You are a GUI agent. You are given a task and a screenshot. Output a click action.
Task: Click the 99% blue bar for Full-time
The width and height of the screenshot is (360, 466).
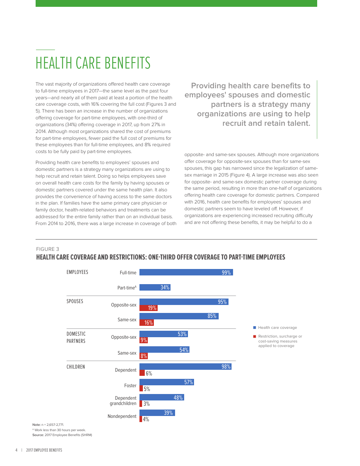tap(186, 272)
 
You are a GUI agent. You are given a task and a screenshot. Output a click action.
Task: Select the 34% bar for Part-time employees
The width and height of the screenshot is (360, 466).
tap(155, 287)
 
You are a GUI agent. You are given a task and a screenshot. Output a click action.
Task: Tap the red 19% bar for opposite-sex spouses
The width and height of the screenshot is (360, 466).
tap(148, 308)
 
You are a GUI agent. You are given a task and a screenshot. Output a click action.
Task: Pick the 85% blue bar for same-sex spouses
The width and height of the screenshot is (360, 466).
tap(179, 316)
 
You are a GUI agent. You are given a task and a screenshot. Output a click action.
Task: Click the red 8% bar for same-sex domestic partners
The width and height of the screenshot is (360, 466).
tap(144, 356)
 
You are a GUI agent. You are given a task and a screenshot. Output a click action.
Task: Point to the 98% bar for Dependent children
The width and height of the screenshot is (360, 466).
tap(185, 366)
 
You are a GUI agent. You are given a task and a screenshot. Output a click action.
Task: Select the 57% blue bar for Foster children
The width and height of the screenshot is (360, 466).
tap(166, 382)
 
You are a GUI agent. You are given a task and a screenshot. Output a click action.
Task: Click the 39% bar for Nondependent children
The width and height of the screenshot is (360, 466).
tap(157, 413)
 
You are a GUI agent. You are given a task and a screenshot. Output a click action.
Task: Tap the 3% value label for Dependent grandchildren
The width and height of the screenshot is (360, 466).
tap(147, 404)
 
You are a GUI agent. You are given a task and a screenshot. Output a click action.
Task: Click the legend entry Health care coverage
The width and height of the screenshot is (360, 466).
tap(277, 327)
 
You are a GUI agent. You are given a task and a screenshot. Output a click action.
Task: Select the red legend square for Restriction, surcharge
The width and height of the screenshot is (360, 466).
tap(255, 336)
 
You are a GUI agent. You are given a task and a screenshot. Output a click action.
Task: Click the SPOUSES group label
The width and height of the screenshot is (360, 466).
tap(75, 302)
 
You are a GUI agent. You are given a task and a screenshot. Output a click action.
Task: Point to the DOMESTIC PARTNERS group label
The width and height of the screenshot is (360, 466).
tap(76, 338)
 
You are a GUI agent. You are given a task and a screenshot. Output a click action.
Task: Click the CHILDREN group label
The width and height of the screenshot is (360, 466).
tap(76, 367)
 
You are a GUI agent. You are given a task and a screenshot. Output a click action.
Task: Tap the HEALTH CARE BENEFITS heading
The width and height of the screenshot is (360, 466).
tap(93, 63)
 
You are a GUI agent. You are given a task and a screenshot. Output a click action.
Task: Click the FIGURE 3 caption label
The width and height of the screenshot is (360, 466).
tap(47, 249)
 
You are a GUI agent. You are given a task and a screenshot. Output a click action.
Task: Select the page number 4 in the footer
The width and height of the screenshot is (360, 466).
tap(16, 450)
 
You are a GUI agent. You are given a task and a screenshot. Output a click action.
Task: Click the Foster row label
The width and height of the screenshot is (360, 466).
tap(130, 386)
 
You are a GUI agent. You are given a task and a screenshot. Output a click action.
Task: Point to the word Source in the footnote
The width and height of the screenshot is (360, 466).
tap(38, 435)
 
